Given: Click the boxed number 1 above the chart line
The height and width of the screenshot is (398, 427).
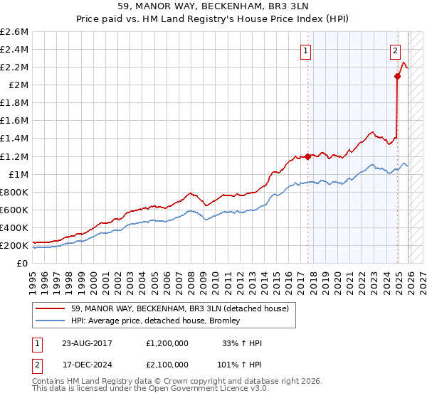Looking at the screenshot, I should click(x=306, y=50).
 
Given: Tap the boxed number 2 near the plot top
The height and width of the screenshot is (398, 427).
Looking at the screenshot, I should click(x=394, y=50).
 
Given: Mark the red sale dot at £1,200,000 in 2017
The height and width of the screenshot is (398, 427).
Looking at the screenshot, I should click(x=307, y=156).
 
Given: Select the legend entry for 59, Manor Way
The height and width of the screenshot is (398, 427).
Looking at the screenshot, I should click(x=179, y=308).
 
